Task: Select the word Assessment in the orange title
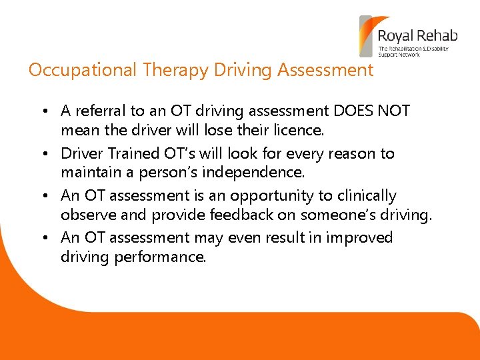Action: [x=325, y=71]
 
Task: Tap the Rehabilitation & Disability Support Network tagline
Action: [x=413, y=51]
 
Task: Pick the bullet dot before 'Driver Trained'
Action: [x=48, y=154]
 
